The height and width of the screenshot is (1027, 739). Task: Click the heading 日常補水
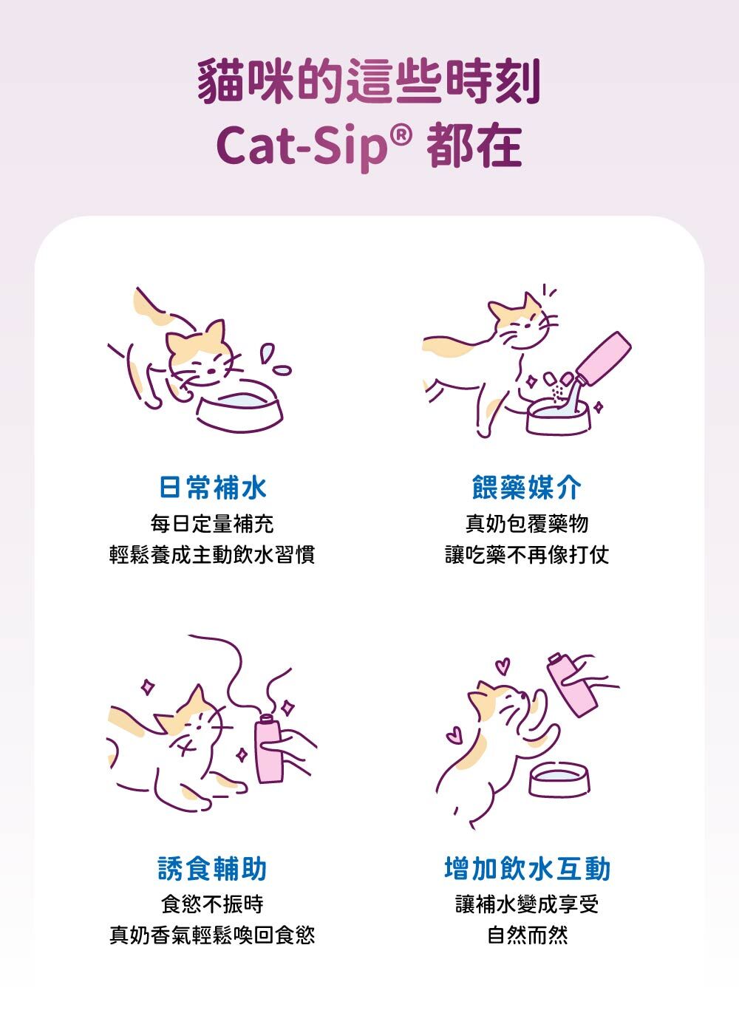point(212,487)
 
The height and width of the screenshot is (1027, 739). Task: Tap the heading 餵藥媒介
point(527,487)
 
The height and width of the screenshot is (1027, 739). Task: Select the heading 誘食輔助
point(212,868)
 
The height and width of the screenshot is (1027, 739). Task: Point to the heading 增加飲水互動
point(527,868)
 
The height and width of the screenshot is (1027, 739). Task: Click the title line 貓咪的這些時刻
point(369,81)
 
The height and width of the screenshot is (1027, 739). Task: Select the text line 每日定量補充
point(212,524)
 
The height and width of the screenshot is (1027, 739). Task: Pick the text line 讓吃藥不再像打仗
point(527,555)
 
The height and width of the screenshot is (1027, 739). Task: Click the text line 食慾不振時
point(212,904)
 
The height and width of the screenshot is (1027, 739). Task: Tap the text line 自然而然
point(527,935)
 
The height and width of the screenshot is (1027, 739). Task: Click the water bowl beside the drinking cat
point(239,407)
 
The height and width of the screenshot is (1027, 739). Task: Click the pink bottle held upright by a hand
point(268,748)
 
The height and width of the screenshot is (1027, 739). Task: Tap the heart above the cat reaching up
point(503,665)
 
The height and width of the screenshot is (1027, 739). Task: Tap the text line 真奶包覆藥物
point(527,524)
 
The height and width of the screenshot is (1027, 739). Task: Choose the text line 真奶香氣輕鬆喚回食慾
point(212,935)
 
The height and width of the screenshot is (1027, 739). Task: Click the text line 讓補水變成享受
point(527,904)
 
